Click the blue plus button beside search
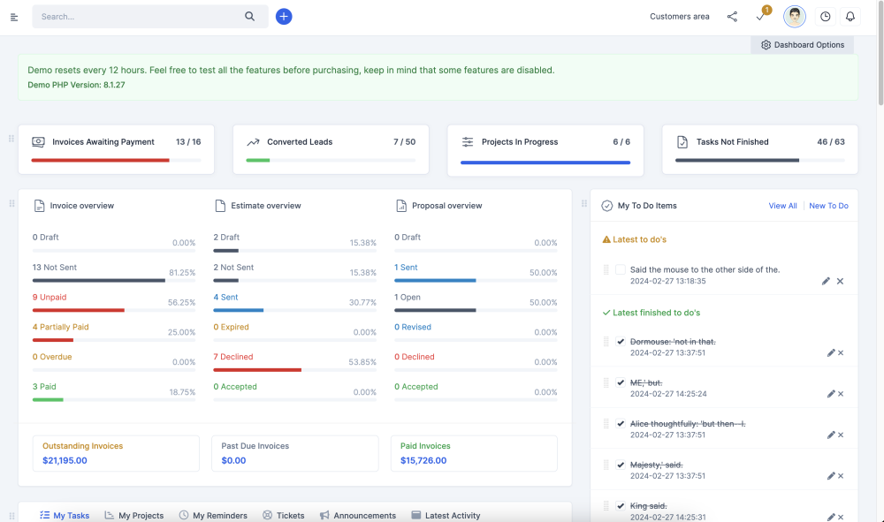point(284,17)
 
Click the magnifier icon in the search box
point(250,17)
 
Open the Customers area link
point(679,17)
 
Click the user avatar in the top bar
point(795,17)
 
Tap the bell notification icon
point(850,17)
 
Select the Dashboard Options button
point(803,45)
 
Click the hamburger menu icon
point(14,17)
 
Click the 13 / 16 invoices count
point(188,142)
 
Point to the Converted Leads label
point(300,142)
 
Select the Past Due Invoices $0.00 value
point(233,460)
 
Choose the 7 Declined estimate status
point(233,358)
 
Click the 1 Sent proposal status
point(406,268)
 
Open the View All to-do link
point(782,206)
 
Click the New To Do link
point(828,206)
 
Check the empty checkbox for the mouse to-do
point(621,269)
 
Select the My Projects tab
point(141,516)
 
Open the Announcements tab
point(364,516)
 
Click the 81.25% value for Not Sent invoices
point(182,273)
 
